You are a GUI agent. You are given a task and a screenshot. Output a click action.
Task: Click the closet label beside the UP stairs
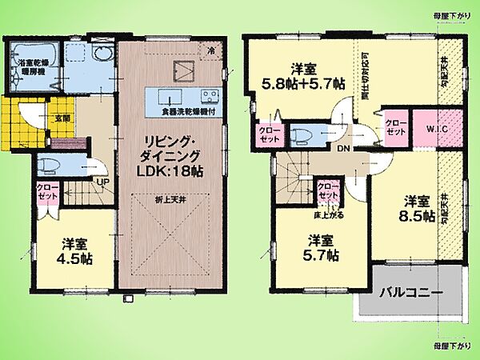[47, 193]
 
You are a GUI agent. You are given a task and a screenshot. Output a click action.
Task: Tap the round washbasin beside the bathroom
[101, 56]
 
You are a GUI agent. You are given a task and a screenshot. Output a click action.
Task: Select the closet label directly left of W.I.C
[397, 128]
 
